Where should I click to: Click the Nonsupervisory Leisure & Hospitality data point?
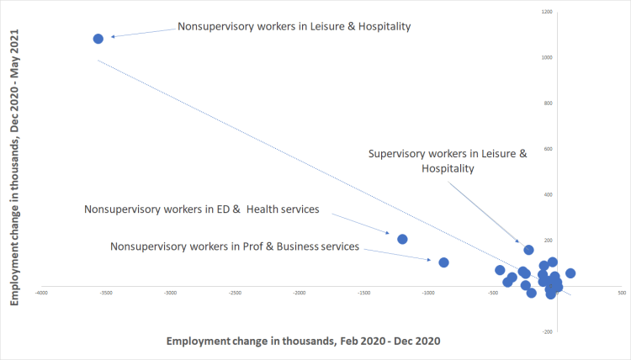(98, 39)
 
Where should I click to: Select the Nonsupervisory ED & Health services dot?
(402, 239)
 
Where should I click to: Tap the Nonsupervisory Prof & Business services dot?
(444, 262)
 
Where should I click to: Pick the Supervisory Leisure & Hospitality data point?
(529, 250)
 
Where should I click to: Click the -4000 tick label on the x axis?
(40, 293)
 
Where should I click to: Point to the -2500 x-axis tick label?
(235, 293)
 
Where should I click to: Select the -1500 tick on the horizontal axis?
(363, 293)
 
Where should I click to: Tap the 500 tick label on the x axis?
(622, 293)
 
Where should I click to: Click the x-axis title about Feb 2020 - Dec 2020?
(303, 341)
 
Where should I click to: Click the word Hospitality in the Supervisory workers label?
(448, 168)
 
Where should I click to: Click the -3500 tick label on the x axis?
(105, 293)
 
